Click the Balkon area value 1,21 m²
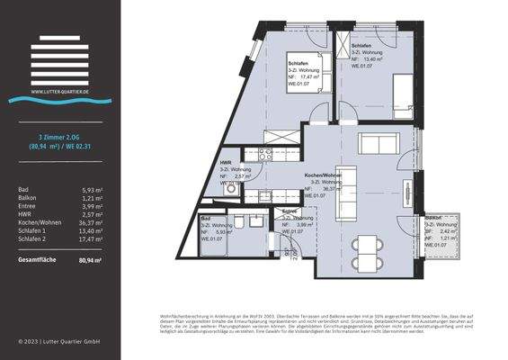(91, 200)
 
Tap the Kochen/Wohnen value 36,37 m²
(89, 229)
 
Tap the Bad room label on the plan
(206, 218)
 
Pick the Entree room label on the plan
(290, 211)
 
